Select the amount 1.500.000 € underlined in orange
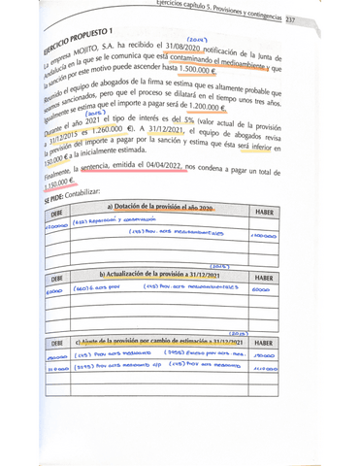[x=180, y=72]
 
